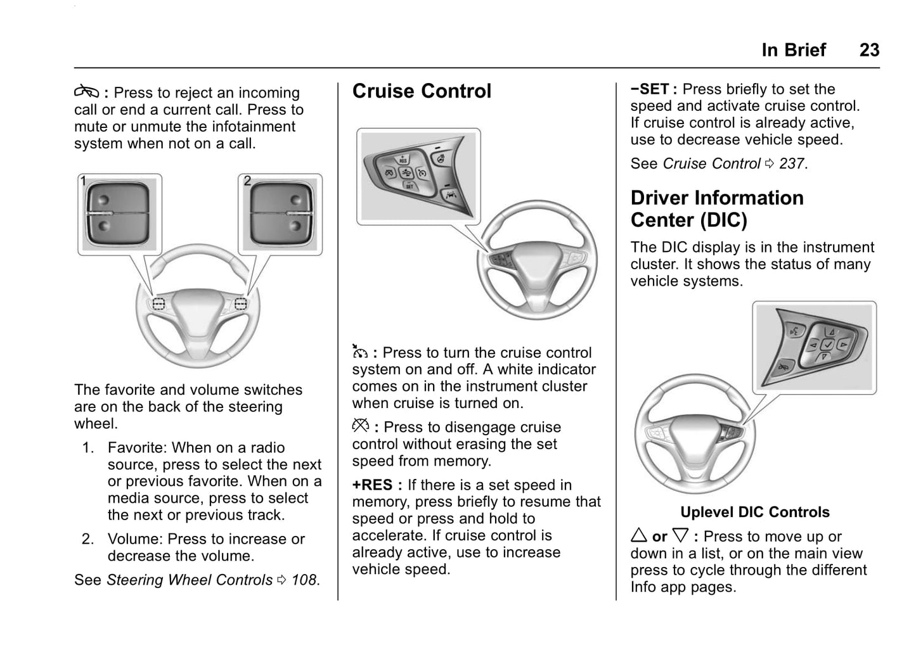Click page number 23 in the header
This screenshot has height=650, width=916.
pos(869,50)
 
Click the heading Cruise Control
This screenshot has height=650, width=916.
pos(422,91)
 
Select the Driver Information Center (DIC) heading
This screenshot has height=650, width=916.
pos(716,208)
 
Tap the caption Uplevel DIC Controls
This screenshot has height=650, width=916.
pos(754,512)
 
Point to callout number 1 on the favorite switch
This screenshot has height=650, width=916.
pos(83,181)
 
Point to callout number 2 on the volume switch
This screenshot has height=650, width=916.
pos(247,181)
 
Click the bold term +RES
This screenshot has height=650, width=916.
pos(372,485)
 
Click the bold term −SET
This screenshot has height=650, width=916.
pos(650,89)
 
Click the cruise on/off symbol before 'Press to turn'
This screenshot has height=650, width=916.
pos(360,352)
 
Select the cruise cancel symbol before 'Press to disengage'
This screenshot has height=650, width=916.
pos(360,427)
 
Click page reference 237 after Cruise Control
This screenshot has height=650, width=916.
pos(791,163)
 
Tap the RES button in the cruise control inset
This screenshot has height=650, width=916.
pos(403,159)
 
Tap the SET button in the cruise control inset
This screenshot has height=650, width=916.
pos(409,186)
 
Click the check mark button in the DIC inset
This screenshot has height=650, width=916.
pos(827,343)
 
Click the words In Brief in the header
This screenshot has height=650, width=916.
pos(794,50)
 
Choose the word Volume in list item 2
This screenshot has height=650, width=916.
pos(134,539)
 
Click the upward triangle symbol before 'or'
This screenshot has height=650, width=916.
pos(639,536)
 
